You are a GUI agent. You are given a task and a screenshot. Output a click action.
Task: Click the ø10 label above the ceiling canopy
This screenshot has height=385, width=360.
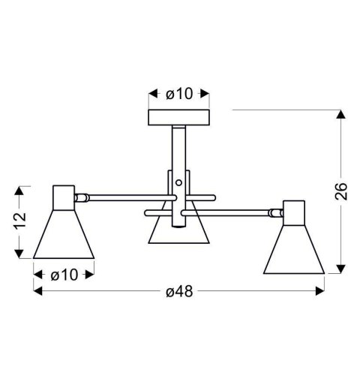coord(179,94)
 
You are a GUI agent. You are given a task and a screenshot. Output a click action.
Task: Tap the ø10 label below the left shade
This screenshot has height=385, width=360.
coord(64,275)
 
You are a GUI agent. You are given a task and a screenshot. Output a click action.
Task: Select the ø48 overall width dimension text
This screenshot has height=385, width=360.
coord(179,292)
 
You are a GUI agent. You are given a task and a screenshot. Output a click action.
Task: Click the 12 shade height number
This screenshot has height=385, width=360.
coord(20,222)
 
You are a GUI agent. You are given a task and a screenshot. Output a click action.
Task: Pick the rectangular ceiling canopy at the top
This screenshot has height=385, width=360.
coord(179,118)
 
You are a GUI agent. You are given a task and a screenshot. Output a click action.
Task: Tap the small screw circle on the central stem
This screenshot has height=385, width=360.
coord(179,182)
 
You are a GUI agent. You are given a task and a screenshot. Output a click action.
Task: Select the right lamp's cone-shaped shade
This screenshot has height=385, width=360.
coord(294,248)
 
